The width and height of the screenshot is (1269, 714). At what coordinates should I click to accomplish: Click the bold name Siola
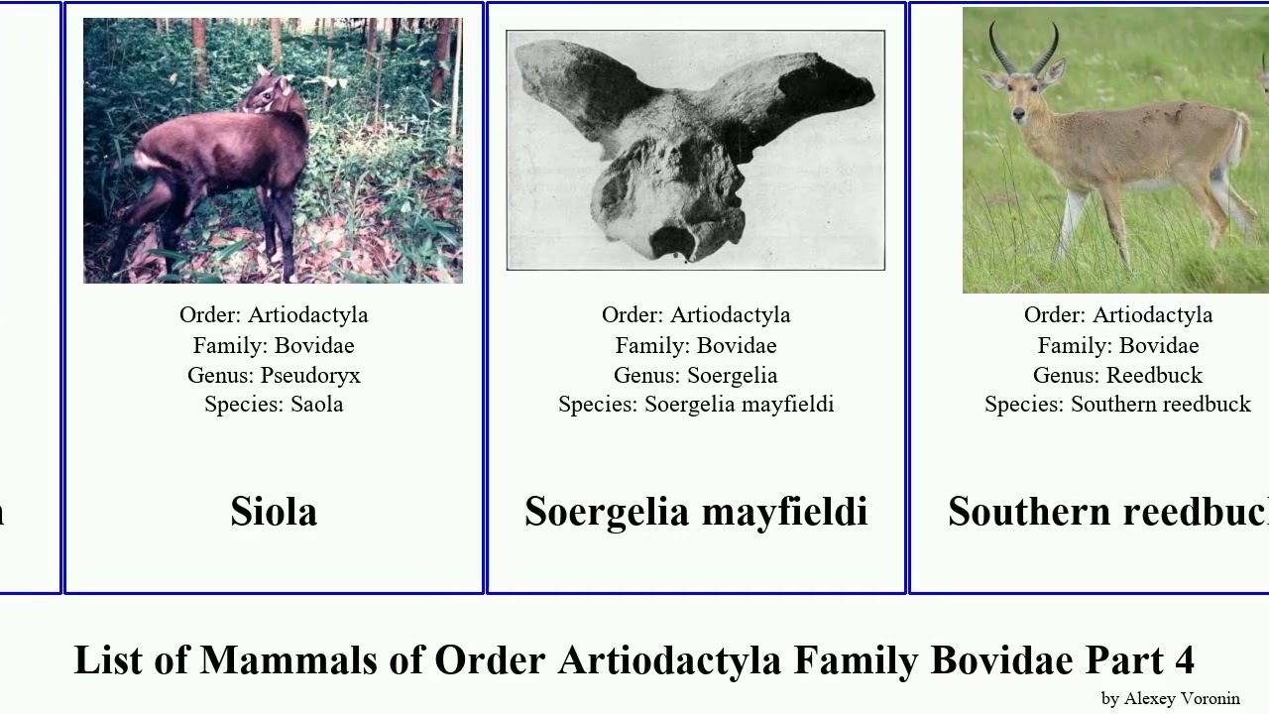point(274,512)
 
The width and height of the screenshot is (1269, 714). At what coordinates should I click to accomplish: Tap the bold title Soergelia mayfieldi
point(695,512)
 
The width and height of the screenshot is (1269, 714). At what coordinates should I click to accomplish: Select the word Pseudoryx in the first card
point(310,375)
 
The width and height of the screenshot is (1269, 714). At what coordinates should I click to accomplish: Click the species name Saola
point(316,405)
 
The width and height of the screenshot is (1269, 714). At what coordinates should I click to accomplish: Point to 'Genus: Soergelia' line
point(695,375)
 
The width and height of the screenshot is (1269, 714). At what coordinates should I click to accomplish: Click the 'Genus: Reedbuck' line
point(1117,375)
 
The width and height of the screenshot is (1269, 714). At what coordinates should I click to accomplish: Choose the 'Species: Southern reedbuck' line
point(1117,405)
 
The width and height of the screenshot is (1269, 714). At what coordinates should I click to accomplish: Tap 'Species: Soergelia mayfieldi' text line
point(695,405)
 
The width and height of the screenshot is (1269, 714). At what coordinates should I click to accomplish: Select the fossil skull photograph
point(695,150)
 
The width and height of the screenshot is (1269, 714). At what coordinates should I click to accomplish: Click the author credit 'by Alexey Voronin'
point(1170,698)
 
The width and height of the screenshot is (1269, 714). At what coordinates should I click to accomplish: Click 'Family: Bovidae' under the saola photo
point(274,345)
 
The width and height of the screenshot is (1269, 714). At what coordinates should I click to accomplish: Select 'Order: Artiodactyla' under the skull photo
point(695,314)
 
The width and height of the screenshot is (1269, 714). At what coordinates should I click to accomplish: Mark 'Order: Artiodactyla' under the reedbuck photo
point(1117,314)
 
